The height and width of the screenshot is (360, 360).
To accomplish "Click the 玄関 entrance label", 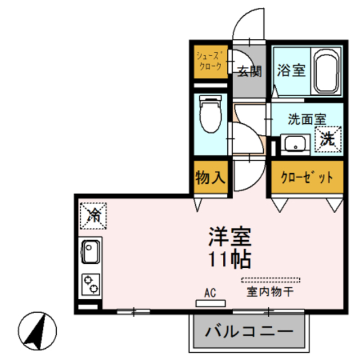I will [x=249, y=71].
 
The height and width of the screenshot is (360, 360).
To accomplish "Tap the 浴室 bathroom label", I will [x=291, y=71].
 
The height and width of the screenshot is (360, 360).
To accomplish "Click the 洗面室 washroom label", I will [x=307, y=119].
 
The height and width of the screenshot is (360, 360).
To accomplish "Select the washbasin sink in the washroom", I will [x=293, y=145].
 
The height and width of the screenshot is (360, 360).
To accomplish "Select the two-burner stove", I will [x=90, y=285].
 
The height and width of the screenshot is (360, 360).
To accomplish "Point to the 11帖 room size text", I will [x=229, y=259].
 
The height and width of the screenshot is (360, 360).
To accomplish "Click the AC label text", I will [x=210, y=292].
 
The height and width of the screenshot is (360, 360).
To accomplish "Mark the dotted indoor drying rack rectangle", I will [x=271, y=280].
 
